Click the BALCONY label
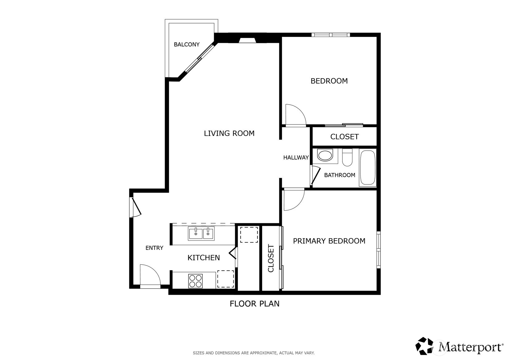click(187, 45)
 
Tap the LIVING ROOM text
click(229, 133)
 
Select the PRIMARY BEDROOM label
click(329, 241)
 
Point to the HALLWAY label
click(296, 157)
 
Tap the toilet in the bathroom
click(347, 157)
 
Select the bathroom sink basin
click(325, 155)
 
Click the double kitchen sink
click(201, 234)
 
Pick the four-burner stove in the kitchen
click(195, 281)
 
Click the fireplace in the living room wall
click(247, 40)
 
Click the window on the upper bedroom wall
click(330, 35)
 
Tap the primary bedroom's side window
click(378, 249)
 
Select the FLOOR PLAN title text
click(254, 304)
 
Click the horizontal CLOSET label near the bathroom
click(344, 137)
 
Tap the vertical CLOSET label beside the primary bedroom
click(271, 259)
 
